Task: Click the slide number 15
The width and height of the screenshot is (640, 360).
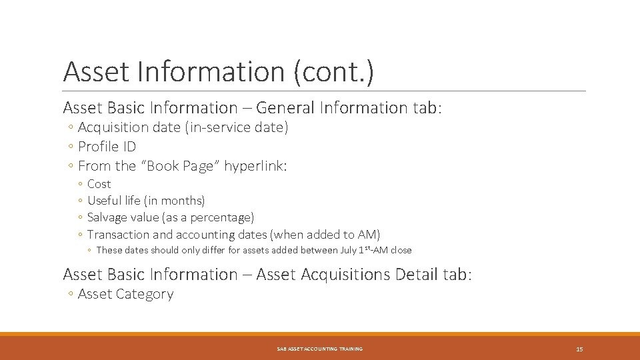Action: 579,349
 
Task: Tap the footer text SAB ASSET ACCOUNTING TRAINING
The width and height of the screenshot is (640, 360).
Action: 320,349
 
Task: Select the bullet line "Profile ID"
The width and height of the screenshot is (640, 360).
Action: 107,147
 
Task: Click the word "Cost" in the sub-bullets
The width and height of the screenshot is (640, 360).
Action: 99,184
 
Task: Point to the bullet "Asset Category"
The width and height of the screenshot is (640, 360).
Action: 125,294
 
